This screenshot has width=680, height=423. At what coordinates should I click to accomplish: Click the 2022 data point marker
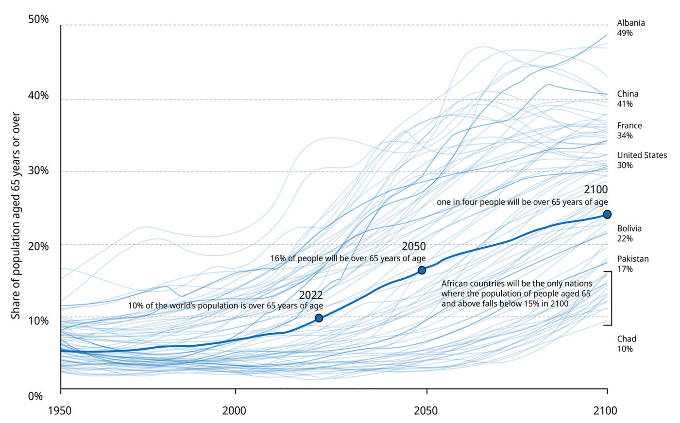[319, 318]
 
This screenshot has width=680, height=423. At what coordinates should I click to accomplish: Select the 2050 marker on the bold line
[422, 270]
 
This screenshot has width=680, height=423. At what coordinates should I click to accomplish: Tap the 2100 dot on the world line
[607, 214]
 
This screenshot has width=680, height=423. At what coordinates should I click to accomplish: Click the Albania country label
[630, 28]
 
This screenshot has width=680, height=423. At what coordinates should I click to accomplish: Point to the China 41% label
[628, 99]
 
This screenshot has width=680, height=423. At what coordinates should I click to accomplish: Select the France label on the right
[629, 131]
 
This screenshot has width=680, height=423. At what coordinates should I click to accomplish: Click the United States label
[642, 160]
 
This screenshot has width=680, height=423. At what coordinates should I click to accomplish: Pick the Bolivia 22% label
[629, 234]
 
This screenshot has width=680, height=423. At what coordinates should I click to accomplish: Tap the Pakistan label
[632, 264]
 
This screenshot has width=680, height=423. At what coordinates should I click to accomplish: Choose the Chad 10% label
[626, 344]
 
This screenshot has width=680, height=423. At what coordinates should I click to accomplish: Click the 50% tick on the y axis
[38, 19]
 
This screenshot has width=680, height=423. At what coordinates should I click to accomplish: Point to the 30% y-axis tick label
[38, 170]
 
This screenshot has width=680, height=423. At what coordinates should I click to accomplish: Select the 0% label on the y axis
[35, 397]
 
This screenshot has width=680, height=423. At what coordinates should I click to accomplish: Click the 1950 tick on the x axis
[60, 411]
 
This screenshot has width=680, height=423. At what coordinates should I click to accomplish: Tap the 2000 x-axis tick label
[235, 411]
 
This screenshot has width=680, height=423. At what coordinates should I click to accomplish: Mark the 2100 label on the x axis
[605, 411]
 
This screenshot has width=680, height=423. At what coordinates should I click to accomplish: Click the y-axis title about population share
[16, 216]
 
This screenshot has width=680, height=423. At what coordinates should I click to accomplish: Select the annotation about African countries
[516, 293]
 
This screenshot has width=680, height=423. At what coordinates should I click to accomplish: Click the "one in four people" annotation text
[522, 202]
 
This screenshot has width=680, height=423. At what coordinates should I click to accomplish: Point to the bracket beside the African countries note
[610, 298]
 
